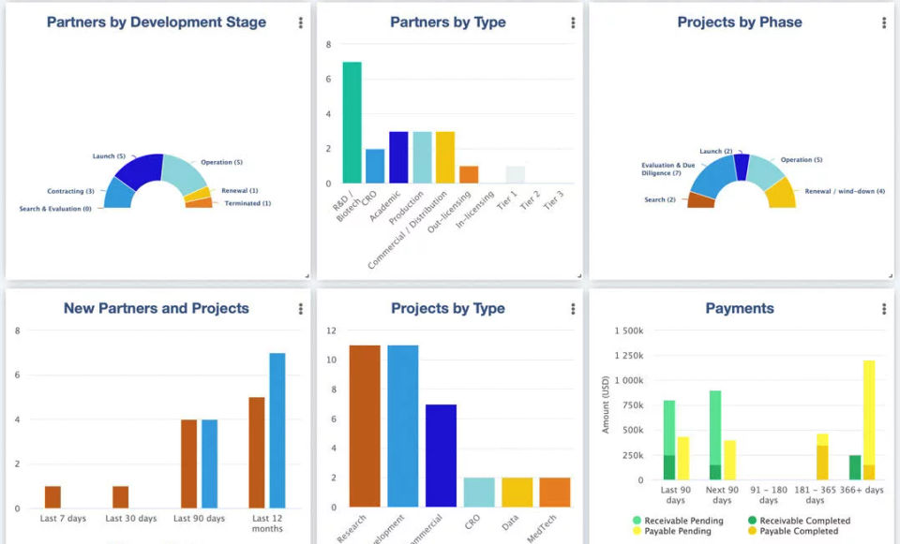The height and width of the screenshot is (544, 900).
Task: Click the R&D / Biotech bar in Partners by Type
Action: coord(352,122)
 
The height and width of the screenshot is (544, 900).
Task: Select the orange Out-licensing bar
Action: coord(469,175)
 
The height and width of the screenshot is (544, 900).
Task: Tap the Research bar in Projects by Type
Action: coord(365,426)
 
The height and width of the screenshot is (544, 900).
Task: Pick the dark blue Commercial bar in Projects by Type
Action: coord(441,455)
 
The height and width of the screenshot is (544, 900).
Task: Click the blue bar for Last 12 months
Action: coord(277,431)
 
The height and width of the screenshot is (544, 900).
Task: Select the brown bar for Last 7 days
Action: coord(52,497)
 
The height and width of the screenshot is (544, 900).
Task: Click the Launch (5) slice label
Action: coord(109,156)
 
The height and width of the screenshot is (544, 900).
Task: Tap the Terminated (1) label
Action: coord(247,203)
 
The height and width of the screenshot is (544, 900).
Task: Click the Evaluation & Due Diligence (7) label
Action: coord(668,169)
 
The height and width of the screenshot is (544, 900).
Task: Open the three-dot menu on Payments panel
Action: coord(884,309)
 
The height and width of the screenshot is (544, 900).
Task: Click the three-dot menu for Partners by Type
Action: coord(573,22)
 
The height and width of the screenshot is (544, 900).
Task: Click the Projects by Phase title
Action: coord(740,22)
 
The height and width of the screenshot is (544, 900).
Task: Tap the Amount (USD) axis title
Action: coord(607,404)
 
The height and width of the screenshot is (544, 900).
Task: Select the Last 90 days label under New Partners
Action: coord(200,518)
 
